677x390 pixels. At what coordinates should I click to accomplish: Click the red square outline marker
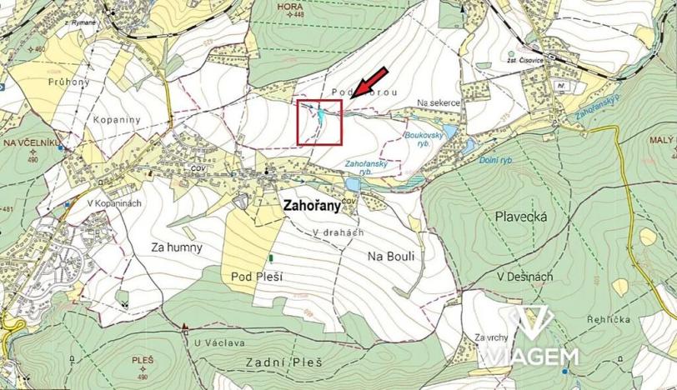coord(319,122)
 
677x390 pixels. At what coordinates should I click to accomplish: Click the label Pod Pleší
coord(254,274)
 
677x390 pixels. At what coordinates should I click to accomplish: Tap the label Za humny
coord(177,247)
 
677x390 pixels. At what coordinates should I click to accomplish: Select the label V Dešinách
coord(524,276)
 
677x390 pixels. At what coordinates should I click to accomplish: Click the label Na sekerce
coord(439,102)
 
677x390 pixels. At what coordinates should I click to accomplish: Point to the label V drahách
coord(338,232)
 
